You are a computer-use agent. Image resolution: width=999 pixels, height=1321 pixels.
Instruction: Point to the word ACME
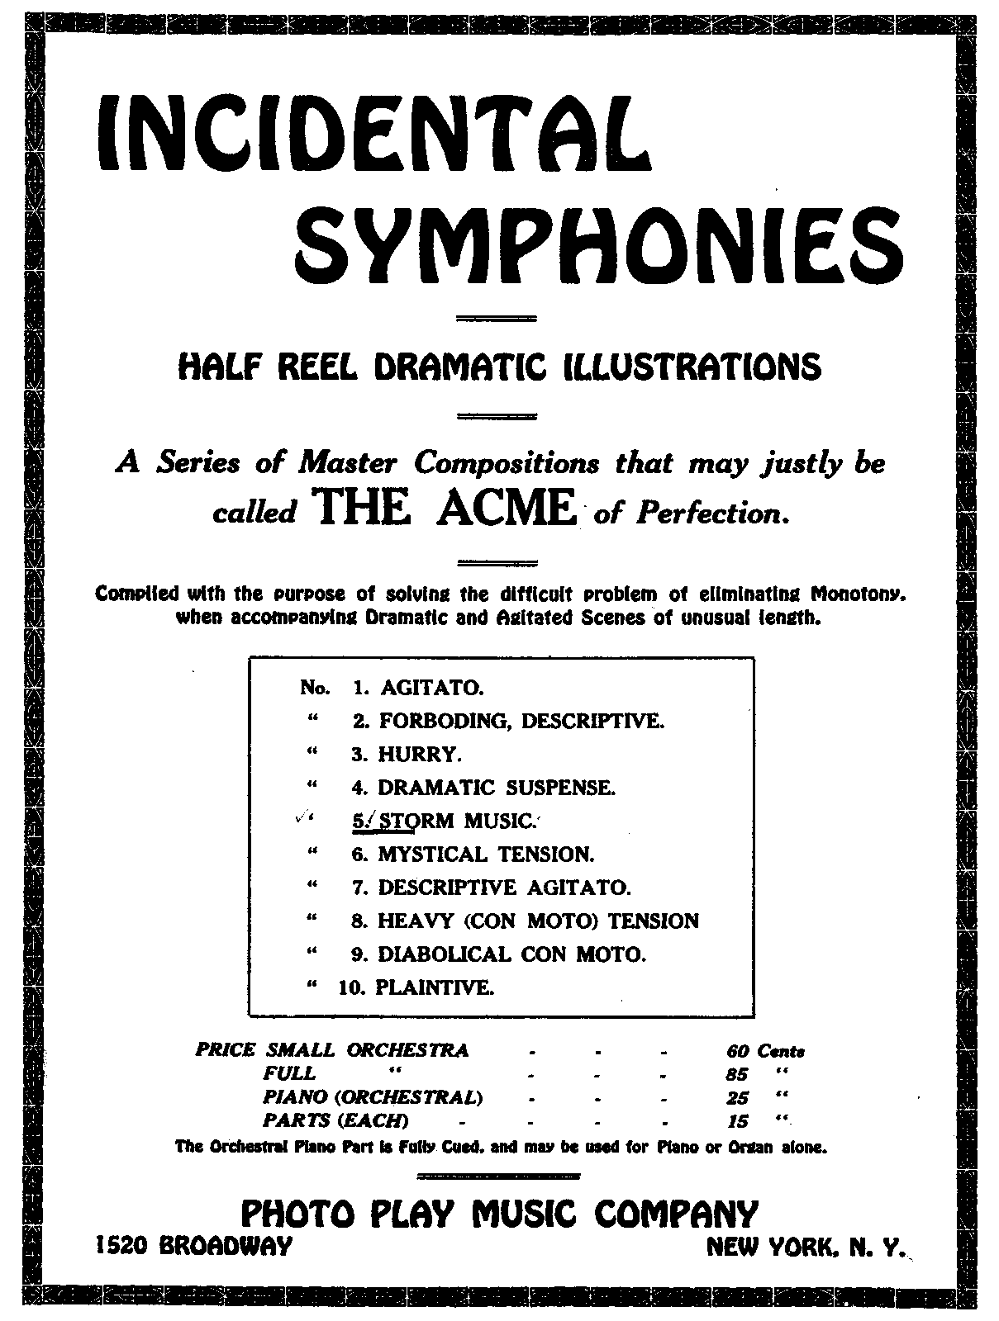click(x=507, y=509)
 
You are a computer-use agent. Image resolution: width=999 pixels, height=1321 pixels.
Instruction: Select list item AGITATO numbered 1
click(x=432, y=687)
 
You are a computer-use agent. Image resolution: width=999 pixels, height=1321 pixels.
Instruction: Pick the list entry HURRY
click(x=419, y=754)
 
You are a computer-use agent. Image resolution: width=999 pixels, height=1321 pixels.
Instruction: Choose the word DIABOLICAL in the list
click(x=444, y=954)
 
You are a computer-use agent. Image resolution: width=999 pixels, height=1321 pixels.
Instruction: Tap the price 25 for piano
click(x=737, y=1098)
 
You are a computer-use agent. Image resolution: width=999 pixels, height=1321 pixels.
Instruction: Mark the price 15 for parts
click(x=737, y=1121)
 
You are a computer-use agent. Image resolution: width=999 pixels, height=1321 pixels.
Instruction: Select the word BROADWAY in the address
click(x=225, y=1245)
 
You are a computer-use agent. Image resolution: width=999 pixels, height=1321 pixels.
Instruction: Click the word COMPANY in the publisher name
click(x=675, y=1214)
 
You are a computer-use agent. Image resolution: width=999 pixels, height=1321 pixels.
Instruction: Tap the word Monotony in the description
click(x=857, y=594)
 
